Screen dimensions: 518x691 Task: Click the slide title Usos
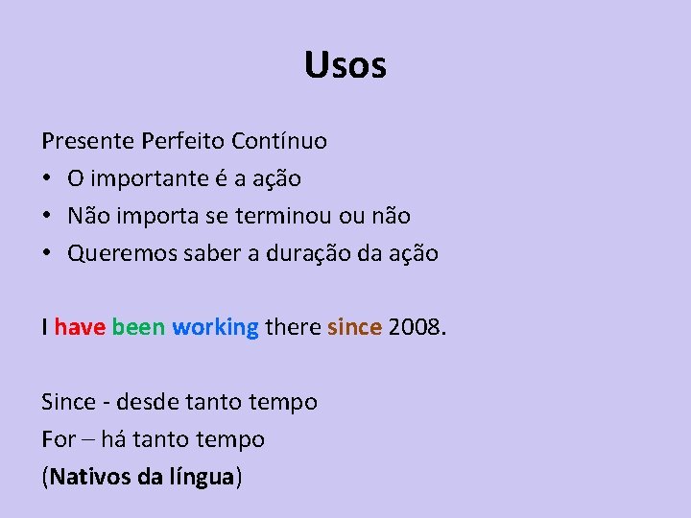[x=345, y=65]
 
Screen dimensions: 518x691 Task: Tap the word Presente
[x=88, y=141]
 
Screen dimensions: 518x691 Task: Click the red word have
[x=80, y=327]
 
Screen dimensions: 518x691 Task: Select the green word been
[x=138, y=327]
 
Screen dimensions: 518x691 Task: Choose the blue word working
[x=215, y=327]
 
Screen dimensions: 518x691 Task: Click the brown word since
[x=355, y=327]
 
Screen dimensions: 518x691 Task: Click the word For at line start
[x=59, y=439]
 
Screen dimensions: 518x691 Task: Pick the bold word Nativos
[x=90, y=477]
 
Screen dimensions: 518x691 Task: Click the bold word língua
[x=201, y=477]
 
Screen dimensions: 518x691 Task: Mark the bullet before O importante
[x=47, y=179]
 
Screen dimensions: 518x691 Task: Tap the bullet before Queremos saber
[x=47, y=254]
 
